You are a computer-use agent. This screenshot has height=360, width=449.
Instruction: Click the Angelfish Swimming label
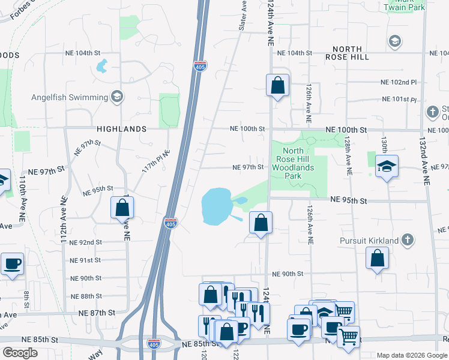click(x=70, y=97)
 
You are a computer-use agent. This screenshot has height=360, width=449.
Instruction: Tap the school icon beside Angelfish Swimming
click(x=117, y=97)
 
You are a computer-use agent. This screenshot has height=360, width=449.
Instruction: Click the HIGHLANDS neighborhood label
click(x=120, y=129)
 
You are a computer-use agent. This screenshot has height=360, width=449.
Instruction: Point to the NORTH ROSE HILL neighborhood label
click(x=343, y=53)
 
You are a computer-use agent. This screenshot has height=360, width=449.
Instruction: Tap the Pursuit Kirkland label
click(x=375, y=241)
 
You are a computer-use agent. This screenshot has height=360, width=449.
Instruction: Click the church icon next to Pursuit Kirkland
click(x=408, y=241)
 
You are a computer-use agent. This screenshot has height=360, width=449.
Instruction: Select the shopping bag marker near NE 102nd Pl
click(x=277, y=85)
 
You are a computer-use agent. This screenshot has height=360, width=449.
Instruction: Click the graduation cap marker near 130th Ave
click(x=387, y=167)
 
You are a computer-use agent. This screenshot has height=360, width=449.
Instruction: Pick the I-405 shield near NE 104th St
click(x=200, y=65)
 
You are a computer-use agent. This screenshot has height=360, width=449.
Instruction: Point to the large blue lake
click(x=216, y=205)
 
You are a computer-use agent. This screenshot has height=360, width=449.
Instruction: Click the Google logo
click(x=20, y=353)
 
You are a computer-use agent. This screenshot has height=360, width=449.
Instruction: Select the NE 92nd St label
click(x=86, y=242)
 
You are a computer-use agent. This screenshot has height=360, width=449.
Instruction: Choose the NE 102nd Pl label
click(x=399, y=82)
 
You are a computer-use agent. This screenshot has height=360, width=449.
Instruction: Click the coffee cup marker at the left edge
click(x=12, y=264)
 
